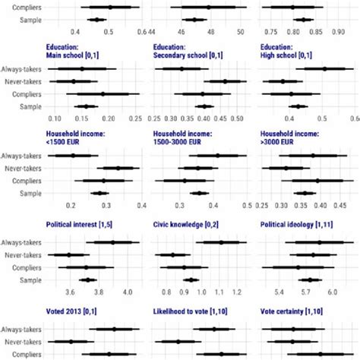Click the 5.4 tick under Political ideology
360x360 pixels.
pos(279,291)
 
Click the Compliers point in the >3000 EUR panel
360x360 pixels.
pos(317,181)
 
